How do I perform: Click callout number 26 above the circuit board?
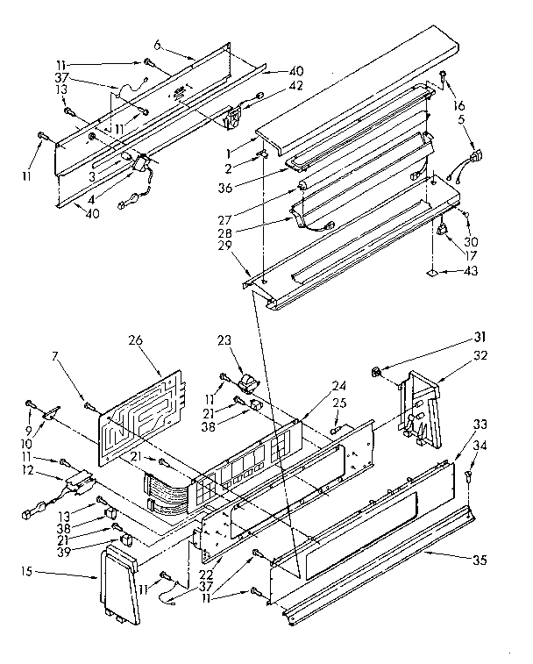coord(134,341)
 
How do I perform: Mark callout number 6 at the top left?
coord(157,45)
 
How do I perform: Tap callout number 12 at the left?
coord(28,471)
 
